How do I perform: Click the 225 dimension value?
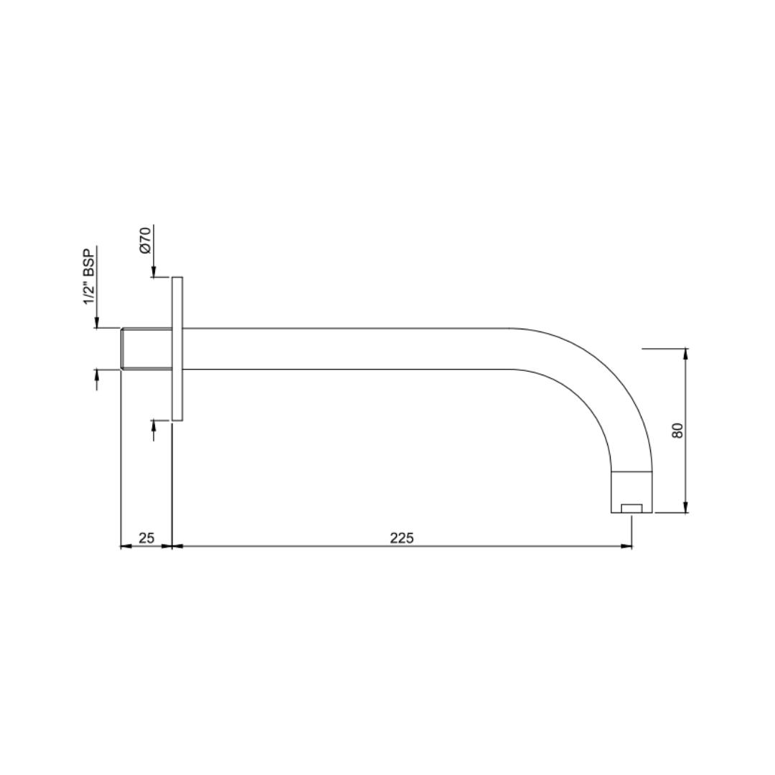(402, 537)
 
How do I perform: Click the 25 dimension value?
(146, 537)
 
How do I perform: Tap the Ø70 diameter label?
(145, 240)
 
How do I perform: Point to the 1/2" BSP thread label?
(89, 277)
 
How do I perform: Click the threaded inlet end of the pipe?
(146, 349)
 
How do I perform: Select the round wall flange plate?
(177, 349)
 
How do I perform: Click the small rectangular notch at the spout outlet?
(631, 509)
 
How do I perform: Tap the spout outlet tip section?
(631, 492)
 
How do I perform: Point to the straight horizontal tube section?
(344, 349)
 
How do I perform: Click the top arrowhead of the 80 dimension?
(686, 353)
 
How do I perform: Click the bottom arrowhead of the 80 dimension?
(686, 508)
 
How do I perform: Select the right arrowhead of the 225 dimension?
(626, 546)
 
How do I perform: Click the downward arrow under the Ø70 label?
(154, 271)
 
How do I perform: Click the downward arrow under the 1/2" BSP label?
(97, 323)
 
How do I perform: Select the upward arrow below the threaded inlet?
(97, 375)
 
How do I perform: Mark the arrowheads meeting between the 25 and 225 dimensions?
(173, 546)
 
